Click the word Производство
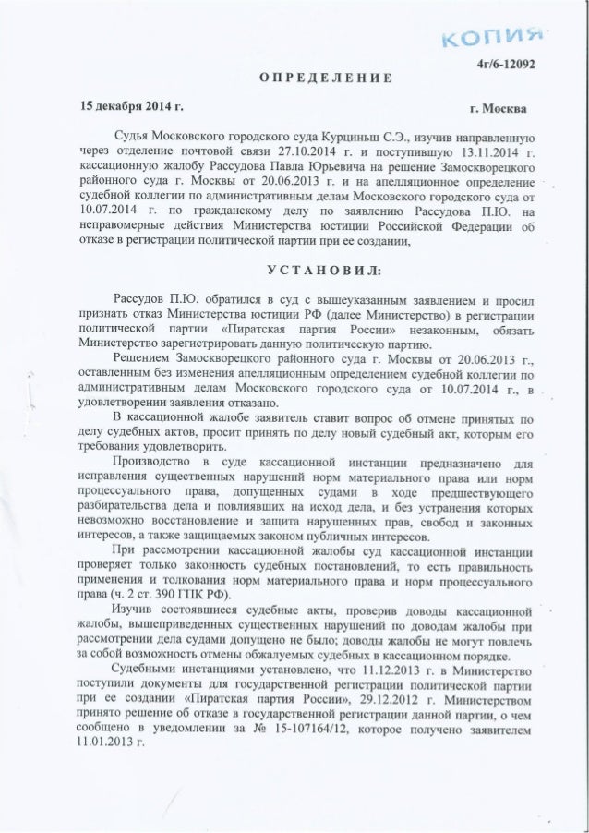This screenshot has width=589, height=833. (x=152, y=461)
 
